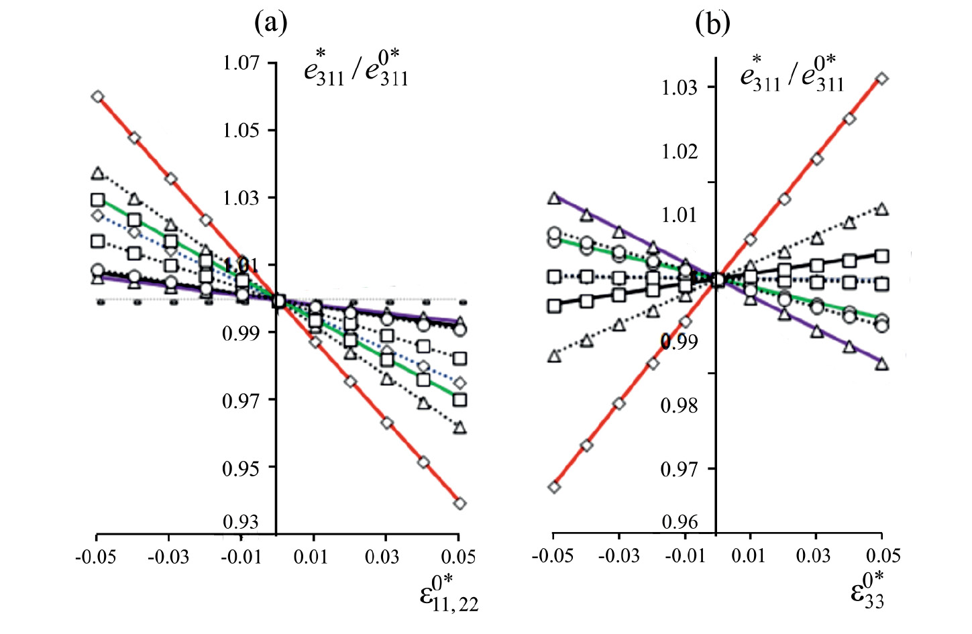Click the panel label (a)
(x=271, y=24)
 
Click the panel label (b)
(x=712, y=24)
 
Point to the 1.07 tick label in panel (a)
(x=241, y=62)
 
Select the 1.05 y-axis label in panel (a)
(x=241, y=129)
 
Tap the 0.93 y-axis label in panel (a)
(x=241, y=522)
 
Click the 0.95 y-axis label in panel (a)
(x=241, y=468)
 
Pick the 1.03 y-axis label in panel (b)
(x=680, y=87)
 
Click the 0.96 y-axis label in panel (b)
(x=680, y=522)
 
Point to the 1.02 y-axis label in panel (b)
(x=680, y=152)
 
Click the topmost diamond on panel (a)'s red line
(x=98, y=97)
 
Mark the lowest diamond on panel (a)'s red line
(x=460, y=503)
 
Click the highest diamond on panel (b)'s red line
(x=882, y=79)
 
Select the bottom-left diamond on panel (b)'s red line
(x=554, y=487)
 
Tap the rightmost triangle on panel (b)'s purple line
(x=882, y=364)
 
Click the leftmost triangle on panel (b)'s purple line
(x=554, y=198)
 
